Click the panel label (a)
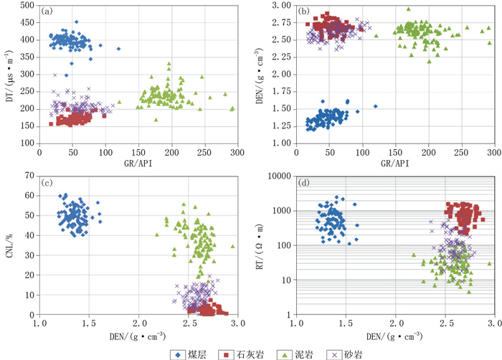[x=48, y=11]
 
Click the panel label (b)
[x=304, y=11]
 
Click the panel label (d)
[x=305, y=182]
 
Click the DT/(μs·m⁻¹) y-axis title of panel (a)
[x=9, y=74]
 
